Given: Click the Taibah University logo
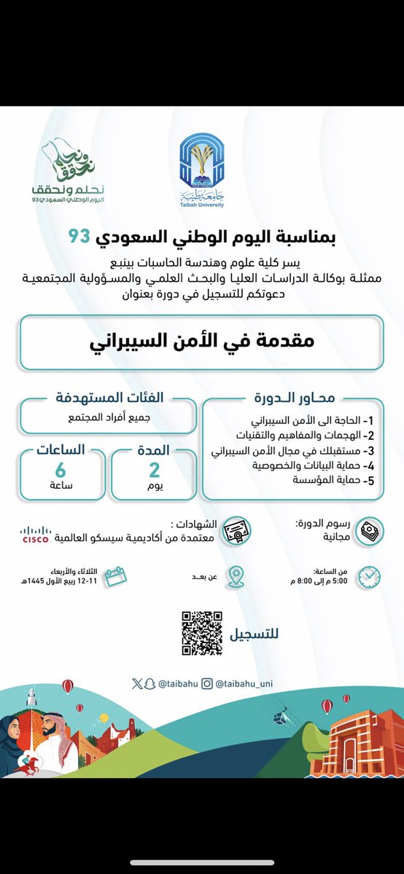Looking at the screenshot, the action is [203, 175].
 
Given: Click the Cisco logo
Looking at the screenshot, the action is [35, 535].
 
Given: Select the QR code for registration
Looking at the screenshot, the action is [202, 632].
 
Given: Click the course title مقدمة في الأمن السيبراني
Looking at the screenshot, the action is [201, 342].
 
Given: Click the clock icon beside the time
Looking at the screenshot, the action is [369, 577].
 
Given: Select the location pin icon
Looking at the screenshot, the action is [236, 576].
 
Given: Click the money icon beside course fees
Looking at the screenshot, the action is [370, 529].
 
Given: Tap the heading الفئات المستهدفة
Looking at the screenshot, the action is [109, 398].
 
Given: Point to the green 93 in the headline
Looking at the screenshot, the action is [78, 237].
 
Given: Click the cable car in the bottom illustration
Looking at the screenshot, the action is [281, 717].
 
